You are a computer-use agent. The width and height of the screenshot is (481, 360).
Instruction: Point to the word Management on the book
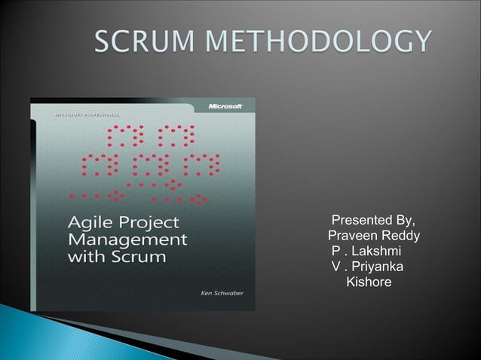(x=124, y=240)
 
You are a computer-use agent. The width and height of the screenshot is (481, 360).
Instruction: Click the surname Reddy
(x=402, y=237)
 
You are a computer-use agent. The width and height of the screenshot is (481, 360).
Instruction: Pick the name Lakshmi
(x=375, y=252)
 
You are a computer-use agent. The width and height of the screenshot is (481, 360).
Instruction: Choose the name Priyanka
(x=376, y=267)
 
